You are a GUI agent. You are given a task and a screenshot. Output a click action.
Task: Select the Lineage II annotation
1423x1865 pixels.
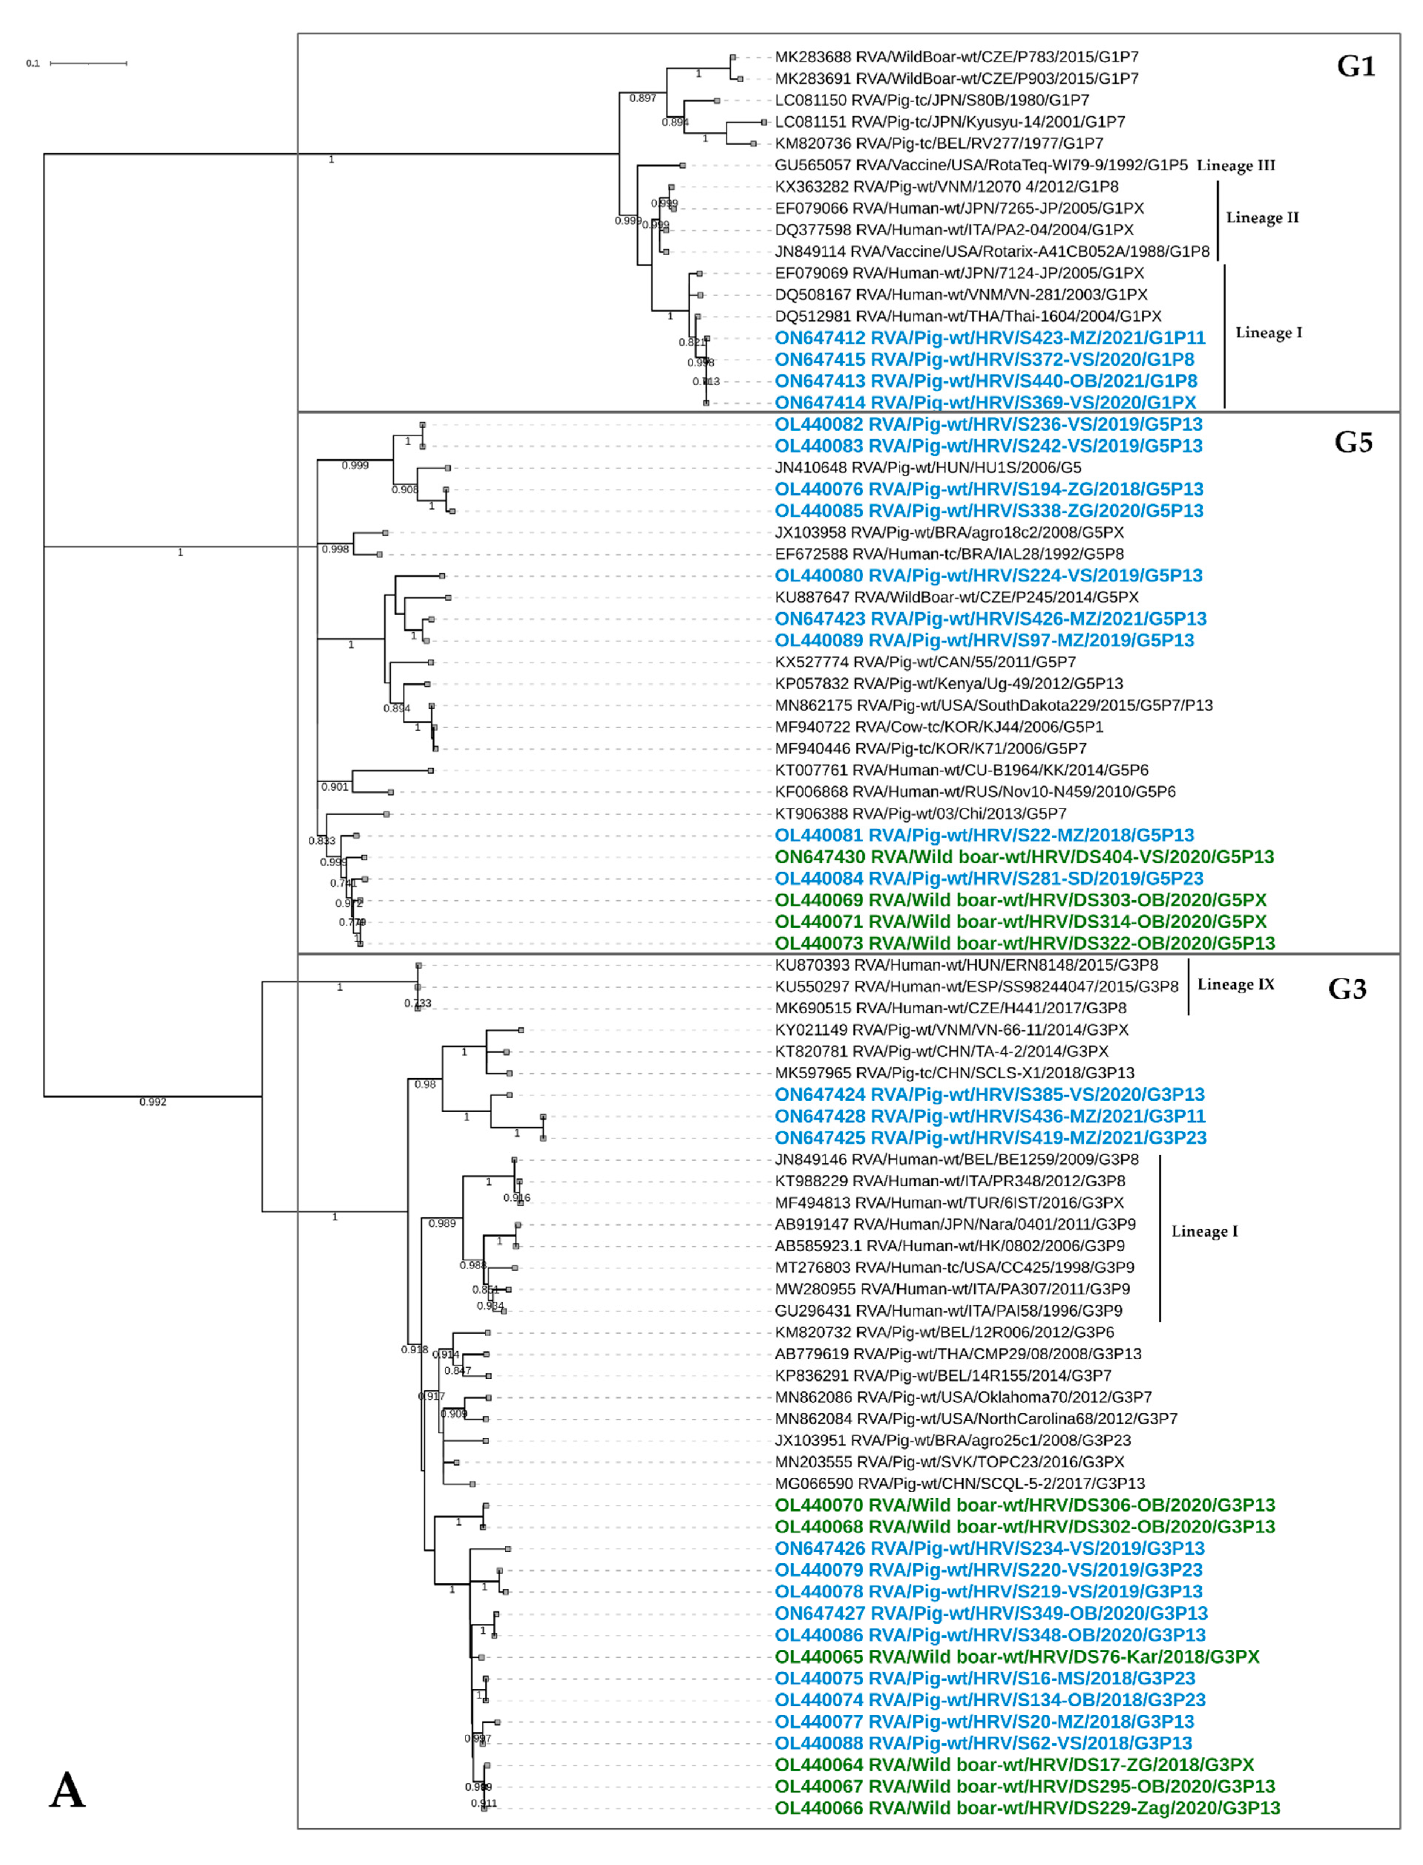[x=1262, y=218]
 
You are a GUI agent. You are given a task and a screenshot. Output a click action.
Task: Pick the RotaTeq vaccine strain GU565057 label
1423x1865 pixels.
[x=981, y=165]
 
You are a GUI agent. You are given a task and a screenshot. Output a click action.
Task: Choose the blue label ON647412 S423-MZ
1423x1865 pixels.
[x=989, y=338]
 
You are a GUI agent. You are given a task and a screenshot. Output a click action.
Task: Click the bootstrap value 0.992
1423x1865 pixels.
[x=152, y=1102]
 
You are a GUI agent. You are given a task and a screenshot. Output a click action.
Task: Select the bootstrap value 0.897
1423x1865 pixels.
[x=643, y=98]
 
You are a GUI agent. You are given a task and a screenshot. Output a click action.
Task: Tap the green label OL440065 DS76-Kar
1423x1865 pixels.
[x=1016, y=1657]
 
